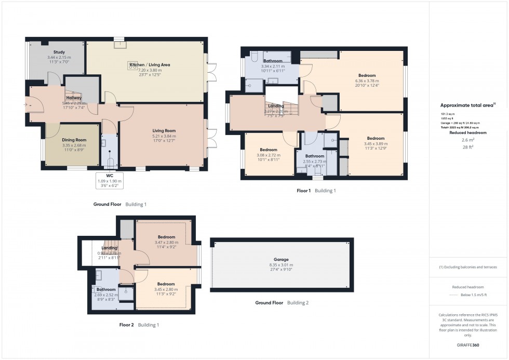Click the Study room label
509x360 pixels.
click(x=59, y=52)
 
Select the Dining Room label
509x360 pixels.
click(x=73, y=140)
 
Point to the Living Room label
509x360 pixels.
click(x=164, y=131)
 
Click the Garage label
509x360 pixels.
click(x=281, y=259)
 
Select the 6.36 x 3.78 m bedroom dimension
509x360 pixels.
click(x=367, y=81)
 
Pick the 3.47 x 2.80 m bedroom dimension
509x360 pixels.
click(x=166, y=243)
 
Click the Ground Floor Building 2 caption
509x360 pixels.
click(x=281, y=303)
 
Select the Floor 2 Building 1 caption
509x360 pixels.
click(x=139, y=325)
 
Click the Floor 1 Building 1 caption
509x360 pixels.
click(x=316, y=191)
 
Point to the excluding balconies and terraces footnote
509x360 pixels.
click(x=468, y=267)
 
